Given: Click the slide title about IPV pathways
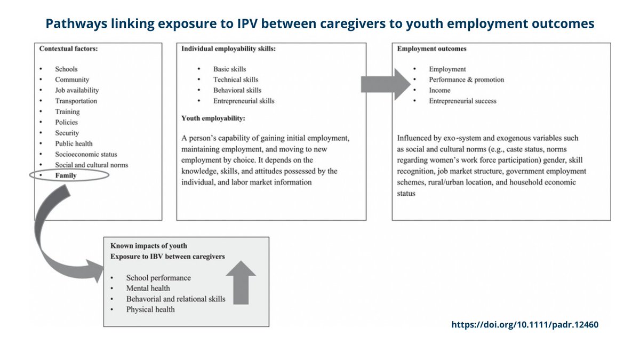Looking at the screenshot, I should [320, 24].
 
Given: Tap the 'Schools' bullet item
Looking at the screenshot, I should [66, 69].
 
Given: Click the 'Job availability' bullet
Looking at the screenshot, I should [77, 90].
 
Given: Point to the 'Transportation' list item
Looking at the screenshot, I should [76, 101].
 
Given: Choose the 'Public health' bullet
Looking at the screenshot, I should [74, 143].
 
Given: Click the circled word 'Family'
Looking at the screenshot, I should [66, 175].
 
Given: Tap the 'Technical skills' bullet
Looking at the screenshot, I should [236, 79].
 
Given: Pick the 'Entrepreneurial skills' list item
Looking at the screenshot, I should [244, 101].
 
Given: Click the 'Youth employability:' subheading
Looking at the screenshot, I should [213, 118].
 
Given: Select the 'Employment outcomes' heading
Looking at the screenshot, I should [432, 49].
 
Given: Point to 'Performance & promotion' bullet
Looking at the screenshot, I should [466, 79].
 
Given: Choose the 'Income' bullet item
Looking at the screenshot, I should [439, 90].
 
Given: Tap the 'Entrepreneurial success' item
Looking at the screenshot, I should [462, 101].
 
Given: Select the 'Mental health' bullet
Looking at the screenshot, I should [148, 289].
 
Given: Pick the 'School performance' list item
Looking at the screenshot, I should [158, 278].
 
